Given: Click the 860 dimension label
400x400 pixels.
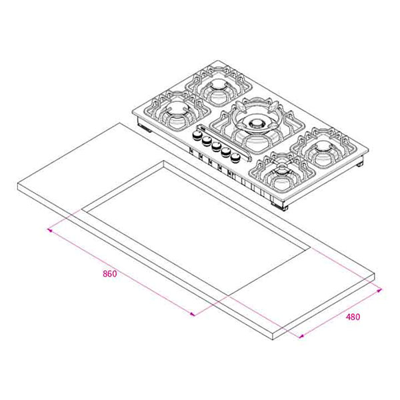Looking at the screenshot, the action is (110, 274).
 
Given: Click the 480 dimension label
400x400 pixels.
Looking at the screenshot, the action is (353, 317).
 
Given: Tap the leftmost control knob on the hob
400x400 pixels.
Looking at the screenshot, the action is (197, 136).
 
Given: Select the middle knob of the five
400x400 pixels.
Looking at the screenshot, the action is (216, 147).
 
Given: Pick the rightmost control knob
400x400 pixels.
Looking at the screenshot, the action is (235, 157).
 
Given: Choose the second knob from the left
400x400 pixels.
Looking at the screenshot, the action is (206, 141).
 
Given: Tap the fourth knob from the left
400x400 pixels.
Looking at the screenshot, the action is (226, 152).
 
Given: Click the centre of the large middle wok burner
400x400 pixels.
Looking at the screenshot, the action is (256, 124).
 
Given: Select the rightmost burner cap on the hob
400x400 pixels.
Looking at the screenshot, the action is (323, 147).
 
